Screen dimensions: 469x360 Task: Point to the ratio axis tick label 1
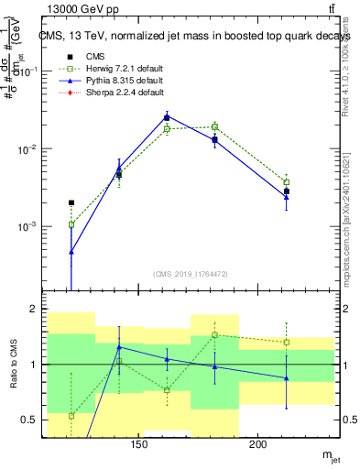pyautogui.click(x=31, y=365)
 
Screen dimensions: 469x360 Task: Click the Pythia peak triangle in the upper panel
pyautogui.click(x=167, y=116)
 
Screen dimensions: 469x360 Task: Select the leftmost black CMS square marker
pyautogui.click(x=71, y=202)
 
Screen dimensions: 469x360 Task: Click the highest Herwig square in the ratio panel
pyautogui.click(x=214, y=335)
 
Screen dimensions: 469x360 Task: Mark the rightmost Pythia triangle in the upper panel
pyautogui.click(x=286, y=196)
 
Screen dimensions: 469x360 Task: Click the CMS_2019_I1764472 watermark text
pyautogui.click(x=191, y=273)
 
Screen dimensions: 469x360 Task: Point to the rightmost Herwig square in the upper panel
pyautogui.click(x=286, y=182)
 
